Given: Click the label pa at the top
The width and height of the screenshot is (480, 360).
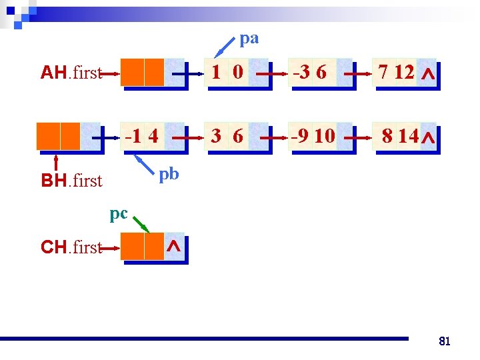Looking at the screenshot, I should pos(249,39).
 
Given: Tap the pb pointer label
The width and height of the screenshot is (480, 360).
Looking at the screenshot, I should pos(169,174).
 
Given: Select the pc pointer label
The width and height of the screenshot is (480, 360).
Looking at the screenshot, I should pos(118,214).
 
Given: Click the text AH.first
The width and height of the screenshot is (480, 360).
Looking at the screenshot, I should pos(71,73).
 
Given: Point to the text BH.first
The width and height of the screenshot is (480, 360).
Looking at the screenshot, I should pos(71,181).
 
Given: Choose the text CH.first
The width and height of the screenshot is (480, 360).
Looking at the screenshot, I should pos(71,248).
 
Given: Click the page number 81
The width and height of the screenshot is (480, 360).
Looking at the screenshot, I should pos(445,341).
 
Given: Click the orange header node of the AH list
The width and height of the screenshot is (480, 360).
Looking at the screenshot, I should pos(143,73).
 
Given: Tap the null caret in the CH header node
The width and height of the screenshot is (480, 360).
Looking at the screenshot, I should pos(173,247).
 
